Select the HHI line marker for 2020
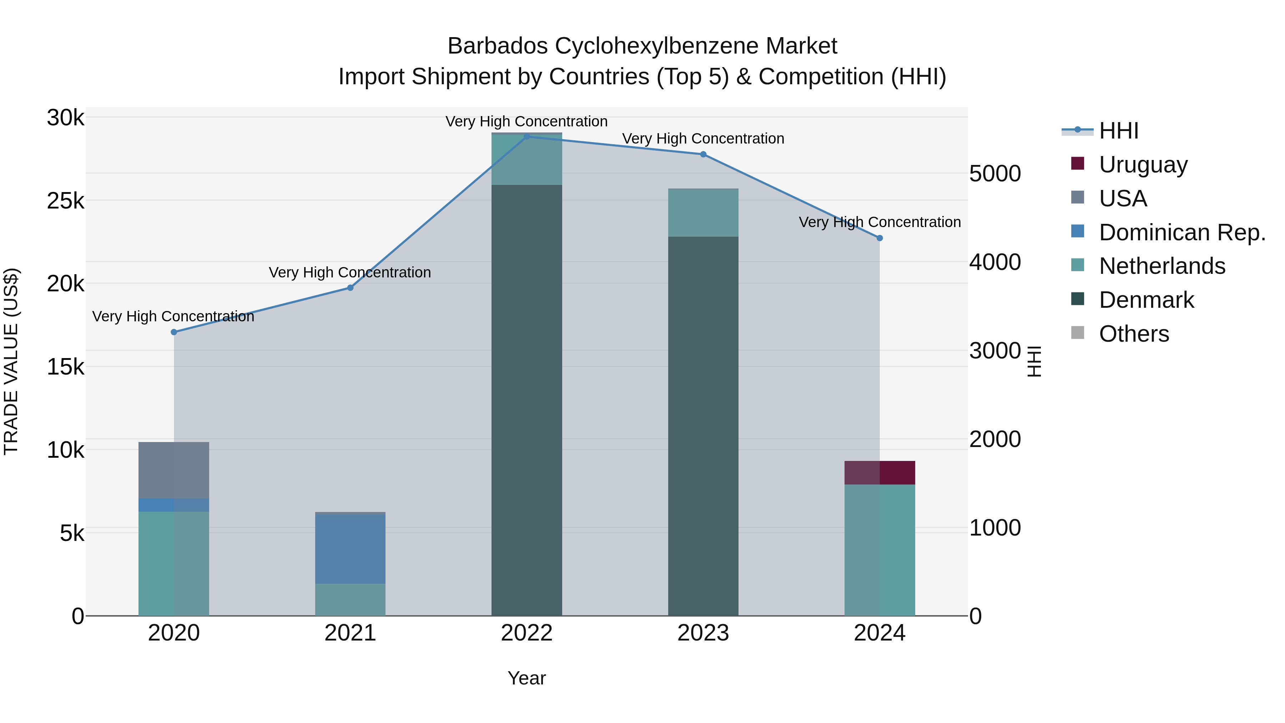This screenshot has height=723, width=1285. (173, 332)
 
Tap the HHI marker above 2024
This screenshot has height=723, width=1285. (880, 238)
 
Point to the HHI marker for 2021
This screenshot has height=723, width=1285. (350, 287)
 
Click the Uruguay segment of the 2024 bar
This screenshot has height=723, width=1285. (880, 472)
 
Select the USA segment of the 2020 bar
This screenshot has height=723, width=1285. (173, 470)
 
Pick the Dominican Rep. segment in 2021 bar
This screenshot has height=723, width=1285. (350, 548)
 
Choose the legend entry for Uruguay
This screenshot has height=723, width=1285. (1142, 165)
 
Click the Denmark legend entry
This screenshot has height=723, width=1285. (1146, 300)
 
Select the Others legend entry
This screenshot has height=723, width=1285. (1133, 334)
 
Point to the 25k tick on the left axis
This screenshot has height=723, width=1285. (65, 201)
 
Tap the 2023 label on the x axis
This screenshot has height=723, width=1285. (703, 633)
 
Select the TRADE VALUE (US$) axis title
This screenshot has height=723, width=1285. (11, 361)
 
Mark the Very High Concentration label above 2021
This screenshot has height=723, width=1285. (350, 272)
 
